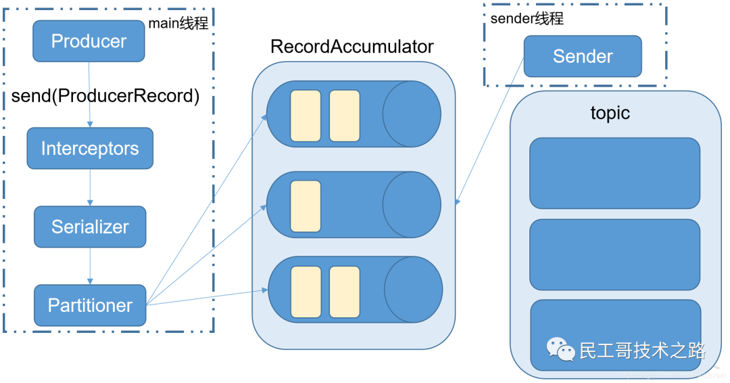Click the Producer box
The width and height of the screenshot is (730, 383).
click(x=89, y=41)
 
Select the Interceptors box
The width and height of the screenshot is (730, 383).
click(x=90, y=149)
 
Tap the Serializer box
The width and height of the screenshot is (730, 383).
click(x=90, y=227)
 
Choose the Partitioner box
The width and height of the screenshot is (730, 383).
click(x=90, y=305)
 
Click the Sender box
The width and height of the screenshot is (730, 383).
click(x=583, y=56)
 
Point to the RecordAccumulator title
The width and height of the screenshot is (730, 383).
click(x=351, y=47)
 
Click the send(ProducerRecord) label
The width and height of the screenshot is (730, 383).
click(x=105, y=96)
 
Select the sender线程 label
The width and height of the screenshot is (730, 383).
click(x=527, y=18)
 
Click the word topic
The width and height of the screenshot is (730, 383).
click(x=610, y=113)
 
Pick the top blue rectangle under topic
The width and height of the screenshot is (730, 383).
click(x=614, y=173)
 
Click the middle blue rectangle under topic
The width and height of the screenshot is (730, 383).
click(x=614, y=254)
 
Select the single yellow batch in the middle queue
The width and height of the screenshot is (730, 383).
click(x=306, y=206)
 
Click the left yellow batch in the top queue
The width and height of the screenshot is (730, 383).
click(x=306, y=115)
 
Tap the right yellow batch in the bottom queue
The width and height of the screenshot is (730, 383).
click(x=345, y=292)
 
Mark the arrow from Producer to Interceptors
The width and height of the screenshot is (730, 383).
click(x=90, y=95)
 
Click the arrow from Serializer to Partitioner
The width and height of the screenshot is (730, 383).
click(x=90, y=266)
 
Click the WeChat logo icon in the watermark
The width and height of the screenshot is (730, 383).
click(x=560, y=349)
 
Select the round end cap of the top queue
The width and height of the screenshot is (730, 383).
click(x=411, y=114)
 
